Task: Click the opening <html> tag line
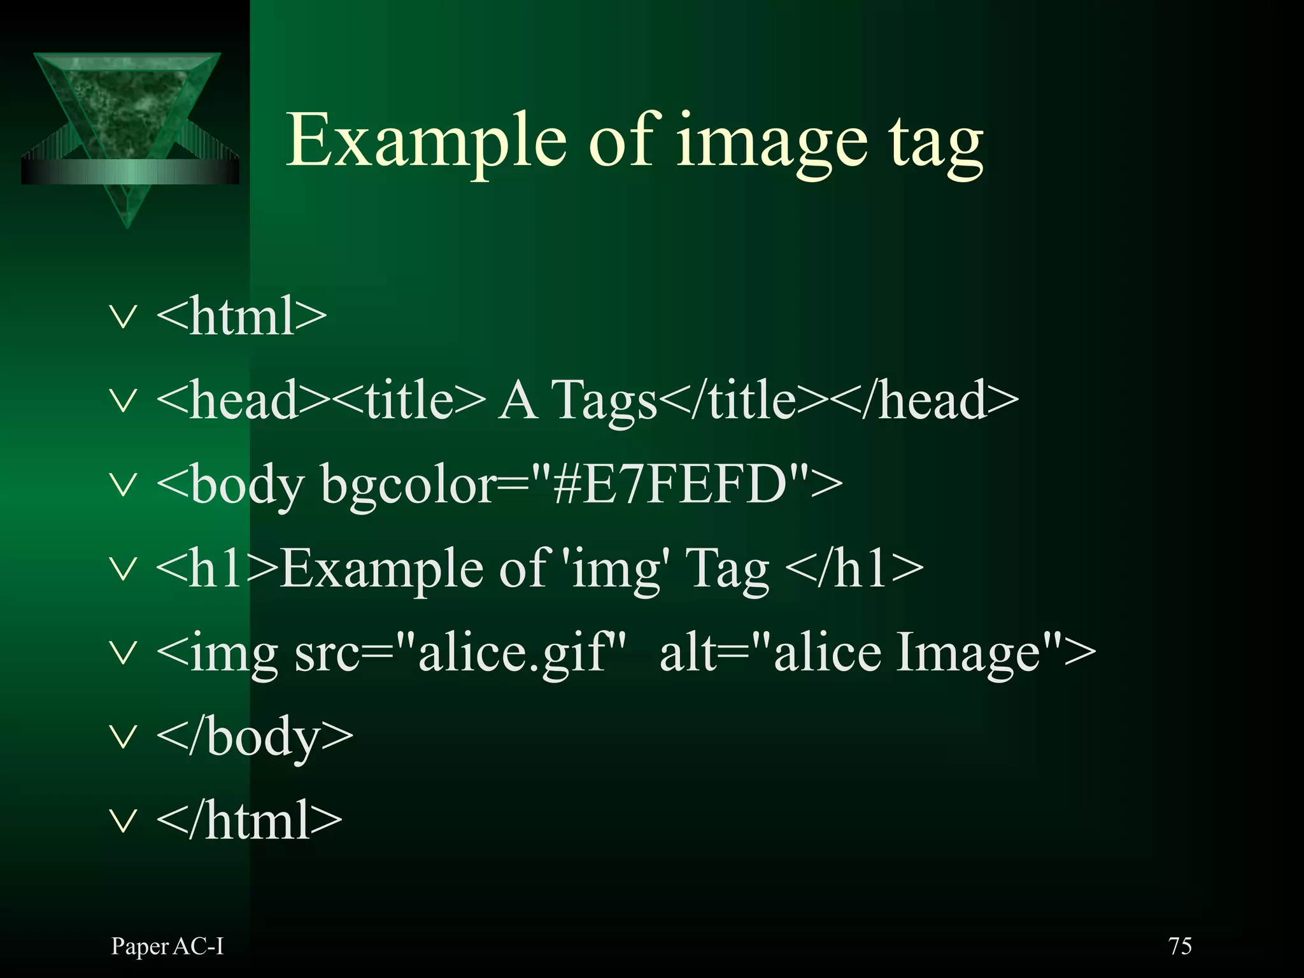pos(241,316)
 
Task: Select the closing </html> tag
pos(249,821)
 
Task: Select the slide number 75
pos(1180,946)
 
